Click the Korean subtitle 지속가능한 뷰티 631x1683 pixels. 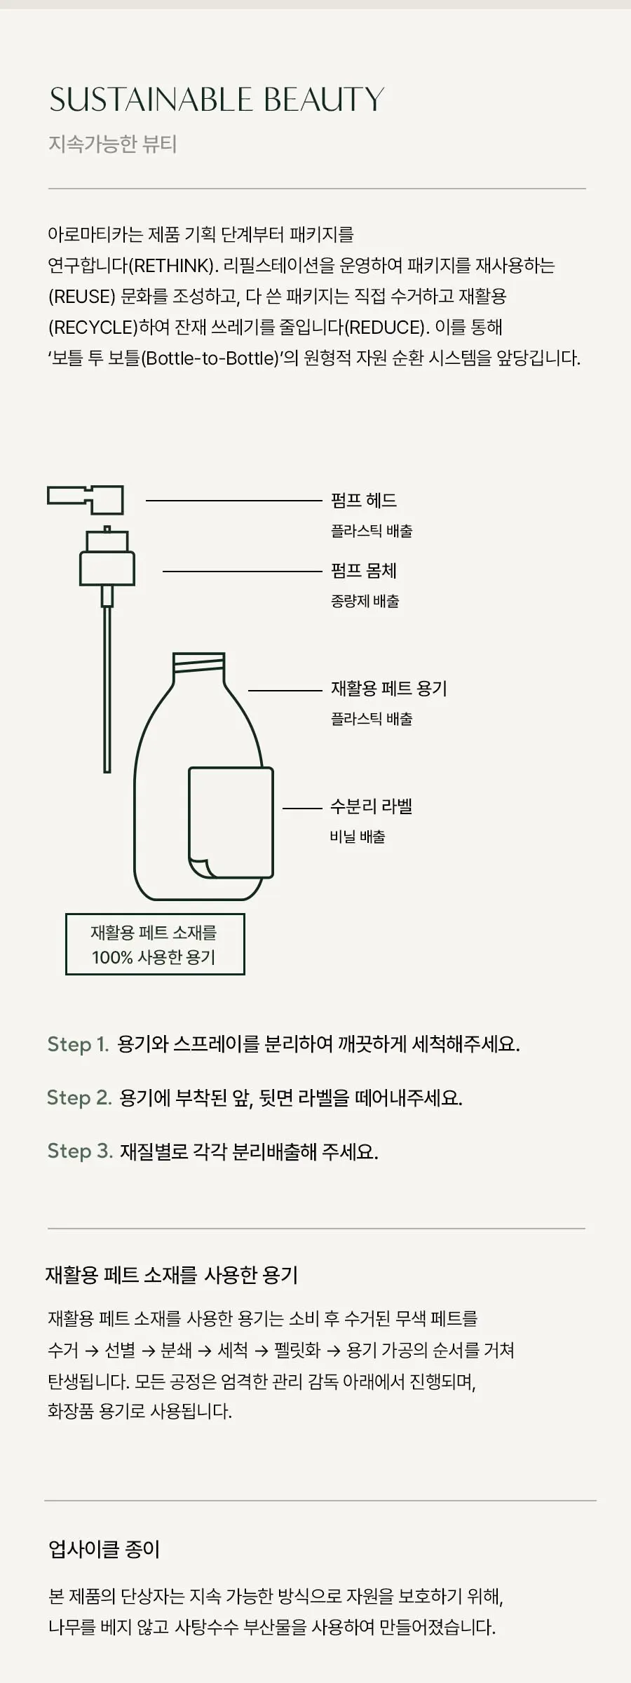[112, 144]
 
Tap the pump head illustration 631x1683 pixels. [86, 499]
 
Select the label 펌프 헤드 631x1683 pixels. [364, 500]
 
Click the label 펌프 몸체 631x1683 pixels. [364, 570]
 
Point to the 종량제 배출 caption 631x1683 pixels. [365, 601]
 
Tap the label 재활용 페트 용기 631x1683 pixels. [389, 688]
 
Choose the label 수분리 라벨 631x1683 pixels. [372, 806]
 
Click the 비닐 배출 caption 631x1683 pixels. [358, 837]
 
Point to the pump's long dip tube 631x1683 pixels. [107, 689]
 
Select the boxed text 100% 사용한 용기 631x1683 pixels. [154, 957]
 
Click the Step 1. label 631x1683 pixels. [78, 1044]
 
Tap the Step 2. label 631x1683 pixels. [79, 1097]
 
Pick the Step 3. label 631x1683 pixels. [80, 1151]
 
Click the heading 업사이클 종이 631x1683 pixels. [104, 1549]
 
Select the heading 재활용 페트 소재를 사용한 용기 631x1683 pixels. [172, 1274]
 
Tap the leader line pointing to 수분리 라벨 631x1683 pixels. [302, 808]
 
